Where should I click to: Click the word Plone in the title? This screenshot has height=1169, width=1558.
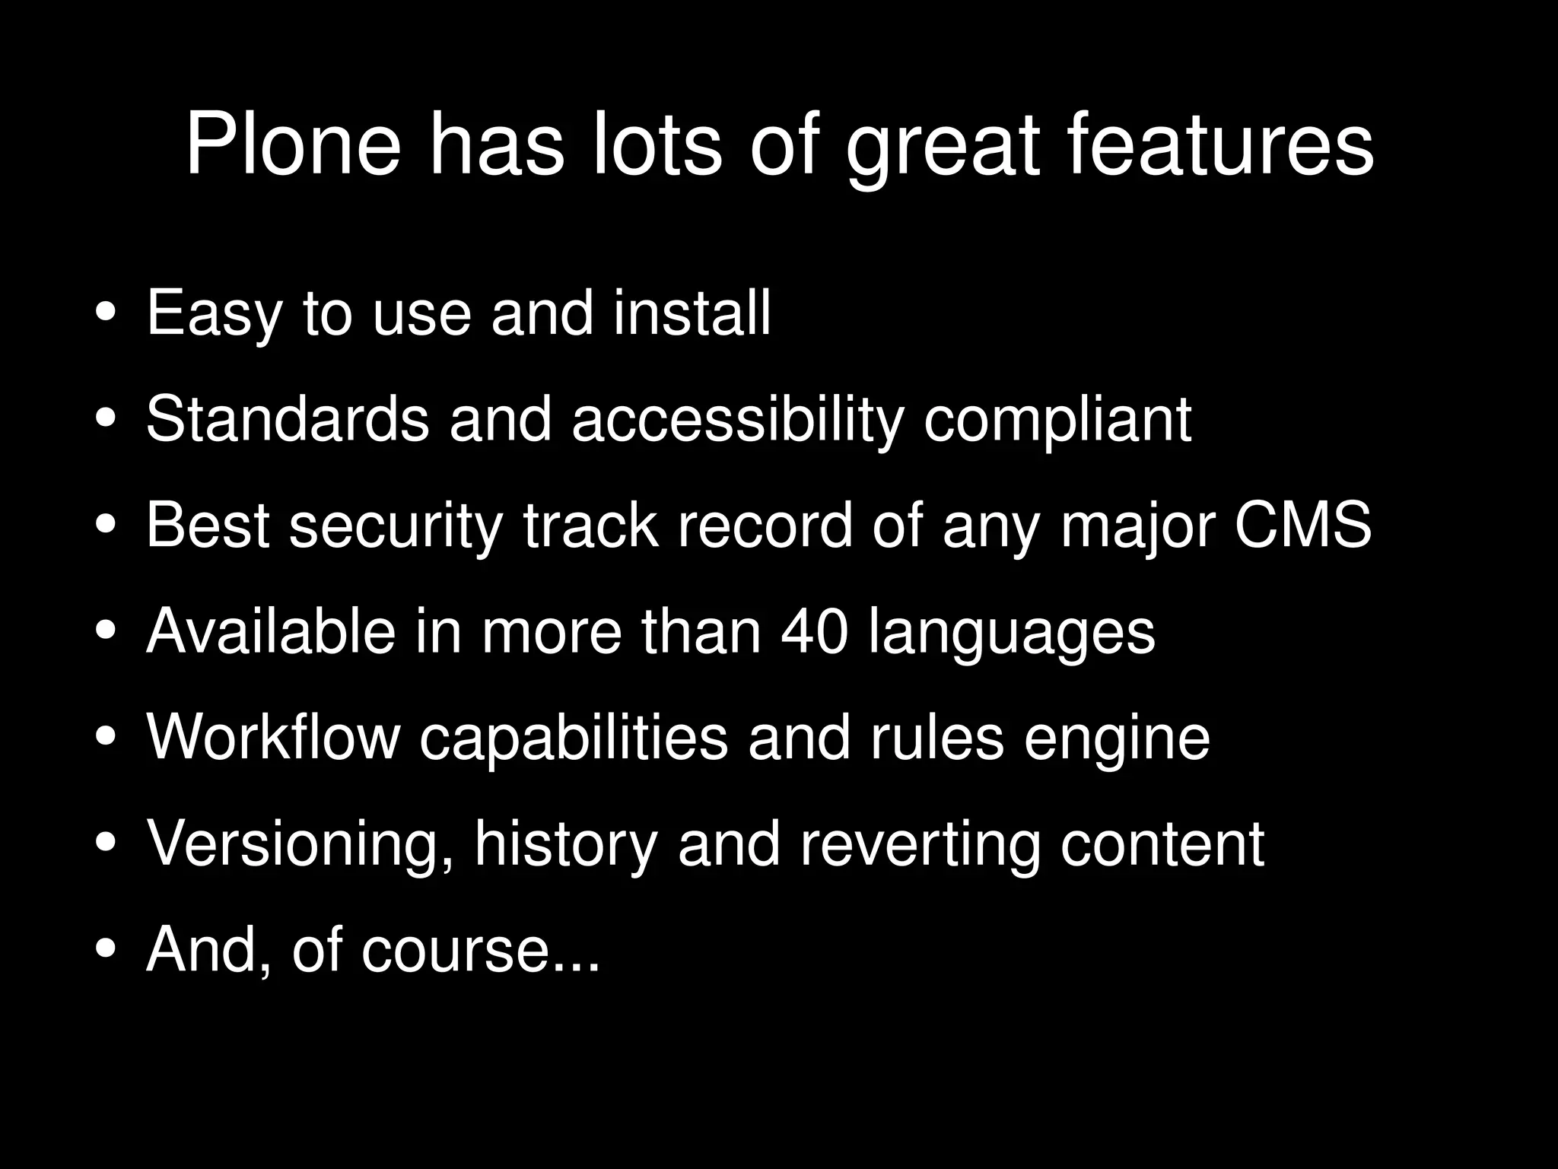(293, 145)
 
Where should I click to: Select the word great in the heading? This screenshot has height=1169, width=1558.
(943, 148)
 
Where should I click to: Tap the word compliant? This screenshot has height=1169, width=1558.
(1057, 421)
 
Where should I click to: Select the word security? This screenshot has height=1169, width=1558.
(396, 527)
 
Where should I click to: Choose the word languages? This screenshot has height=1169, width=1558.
(1012, 635)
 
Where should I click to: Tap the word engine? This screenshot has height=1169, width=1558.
(1117, 740)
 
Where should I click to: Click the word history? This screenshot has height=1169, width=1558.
(565, 846)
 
